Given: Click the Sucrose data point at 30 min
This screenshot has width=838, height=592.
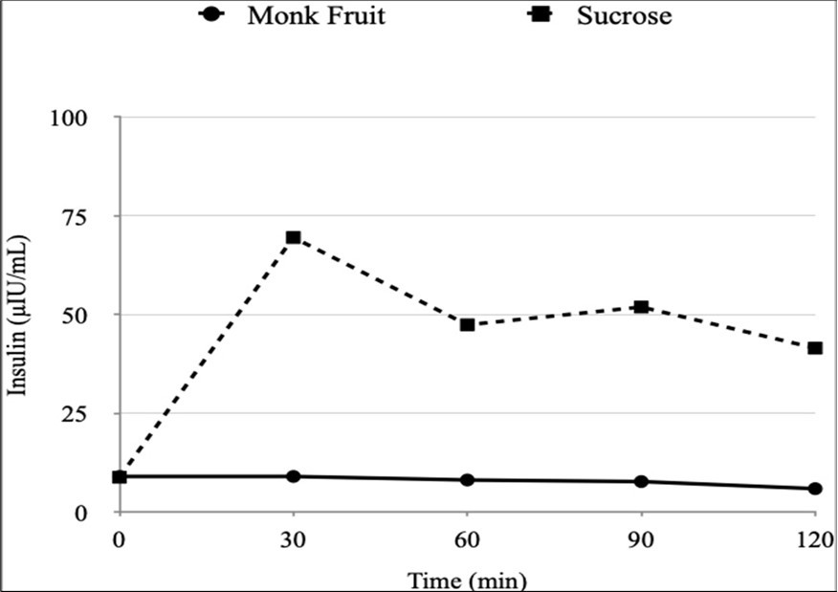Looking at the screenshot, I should (294, 237).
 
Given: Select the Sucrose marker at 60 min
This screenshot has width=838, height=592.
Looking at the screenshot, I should (468, 325).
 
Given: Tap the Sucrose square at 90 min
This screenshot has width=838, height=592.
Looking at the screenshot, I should (642, 307).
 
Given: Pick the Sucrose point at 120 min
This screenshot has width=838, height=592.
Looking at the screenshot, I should (815, 348).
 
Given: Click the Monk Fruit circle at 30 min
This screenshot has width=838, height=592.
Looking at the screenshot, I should (294, 476).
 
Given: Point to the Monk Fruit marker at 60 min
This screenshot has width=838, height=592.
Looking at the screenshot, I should (468, 480).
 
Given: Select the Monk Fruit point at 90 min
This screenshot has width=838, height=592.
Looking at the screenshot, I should (642, 482).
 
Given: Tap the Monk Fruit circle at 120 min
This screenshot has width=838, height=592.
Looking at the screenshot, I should (815, 489).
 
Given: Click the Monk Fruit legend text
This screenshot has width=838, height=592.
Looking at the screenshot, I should (316, 16).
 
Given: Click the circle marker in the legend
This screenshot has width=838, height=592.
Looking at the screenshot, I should (210, 15).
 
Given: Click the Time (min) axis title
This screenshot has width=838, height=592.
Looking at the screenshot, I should (467, 580).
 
